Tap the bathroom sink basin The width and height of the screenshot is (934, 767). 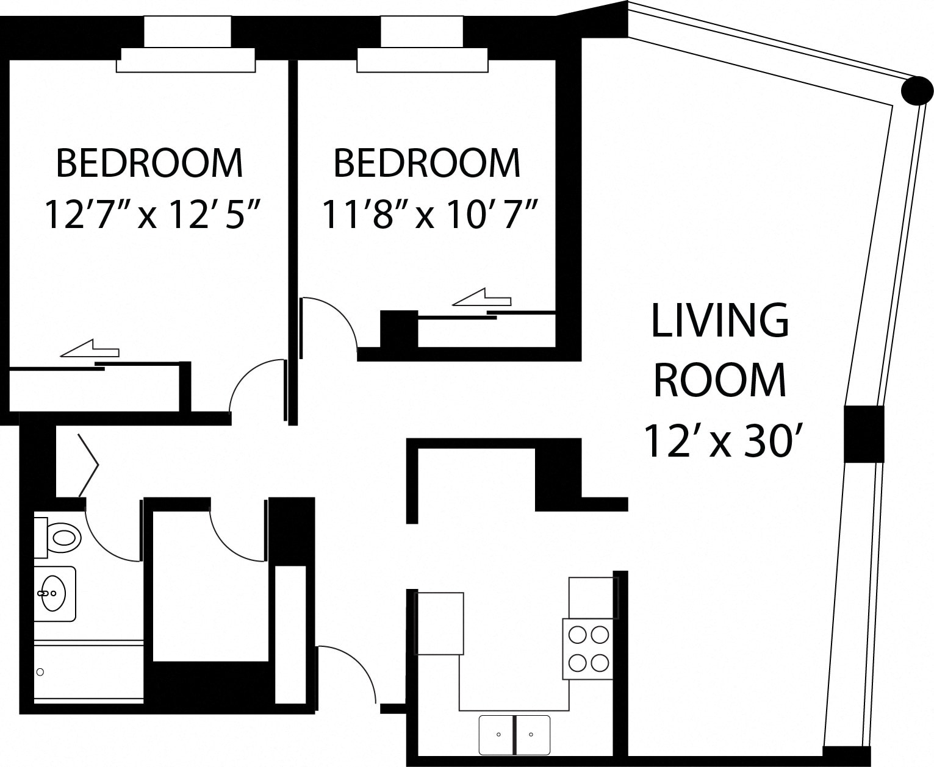coord(54,593)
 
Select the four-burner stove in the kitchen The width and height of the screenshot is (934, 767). coord(587,649)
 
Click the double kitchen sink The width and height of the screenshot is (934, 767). coord(514,735)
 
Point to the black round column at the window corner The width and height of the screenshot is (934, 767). coord(917,91)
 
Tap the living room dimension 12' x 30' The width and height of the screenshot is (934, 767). coord(720,441)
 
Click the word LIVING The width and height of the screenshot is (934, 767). coord(720,321)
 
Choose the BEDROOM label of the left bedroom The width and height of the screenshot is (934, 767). coord(150,163)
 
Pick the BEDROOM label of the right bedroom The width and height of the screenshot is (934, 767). coord(427,163)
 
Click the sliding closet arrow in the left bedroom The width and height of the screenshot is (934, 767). coord(90,349)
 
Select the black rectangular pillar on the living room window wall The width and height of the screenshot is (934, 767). coord(864,433)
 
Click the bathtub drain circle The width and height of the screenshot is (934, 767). coord(40,672)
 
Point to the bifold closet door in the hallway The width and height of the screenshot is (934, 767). coord(88,465)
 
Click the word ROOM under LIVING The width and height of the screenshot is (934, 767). coord(720,380)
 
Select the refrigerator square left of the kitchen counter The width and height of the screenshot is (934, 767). coord(439,623)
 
